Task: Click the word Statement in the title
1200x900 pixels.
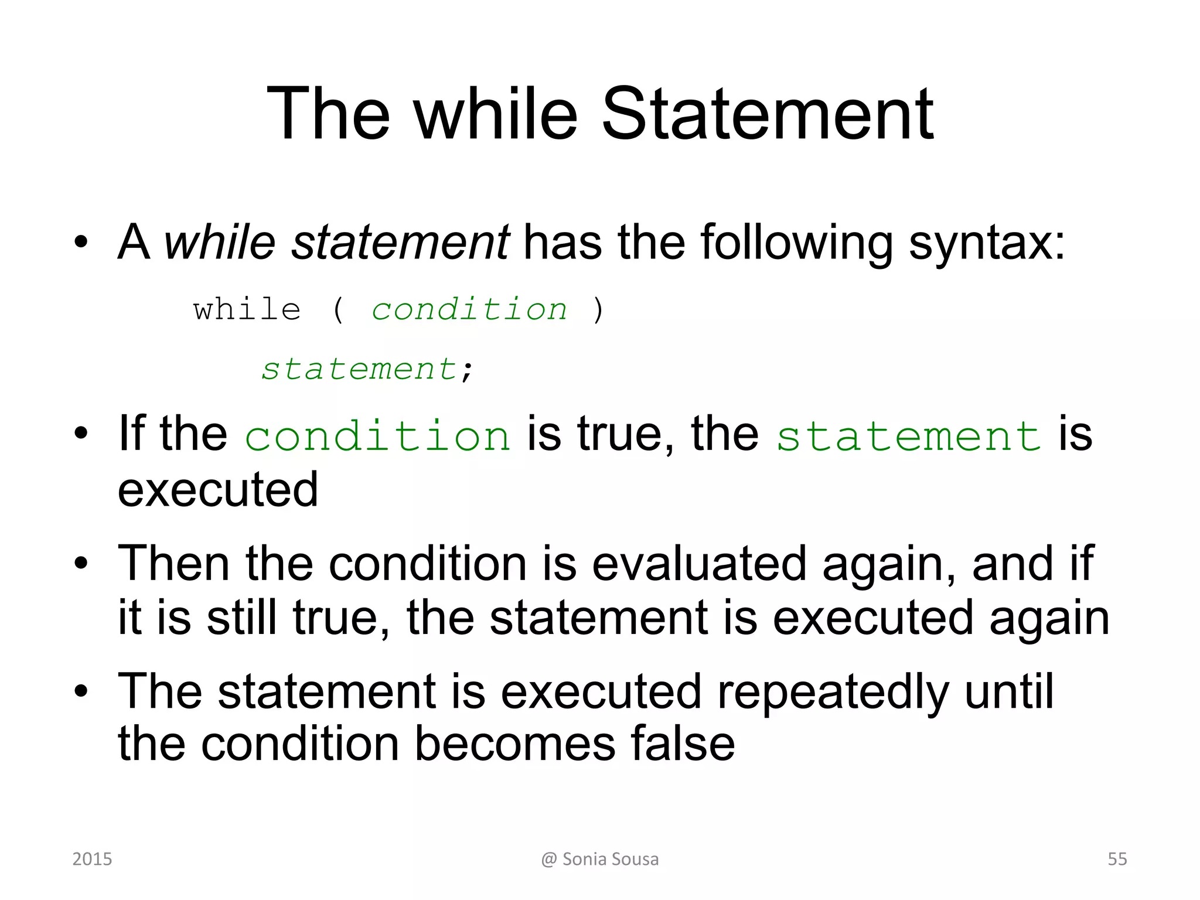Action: [x=767, y=114]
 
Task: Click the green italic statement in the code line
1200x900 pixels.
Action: [x=359, y=369]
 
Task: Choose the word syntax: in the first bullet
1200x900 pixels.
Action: [x=987, y=243]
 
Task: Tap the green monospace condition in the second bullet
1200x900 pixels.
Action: [x=378, y=437]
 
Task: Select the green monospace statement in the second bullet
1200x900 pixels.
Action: [x=909, y=437]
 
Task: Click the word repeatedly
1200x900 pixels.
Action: [x=833, y=692]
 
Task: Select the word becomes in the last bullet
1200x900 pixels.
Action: [x=515, y=744]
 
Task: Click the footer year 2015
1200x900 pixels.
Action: [x=92, y=859]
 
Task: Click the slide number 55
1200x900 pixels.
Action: [x=1117, y=859]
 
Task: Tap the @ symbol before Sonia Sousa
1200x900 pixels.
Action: [x=549, y=860]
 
